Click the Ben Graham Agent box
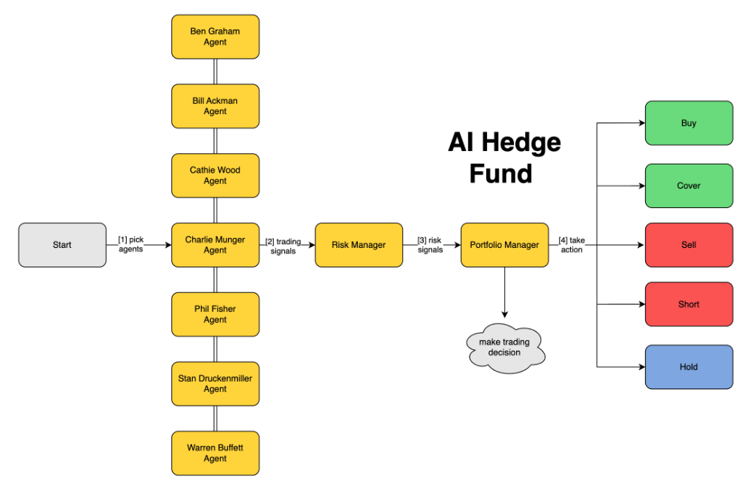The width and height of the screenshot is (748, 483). [x=215, y=37]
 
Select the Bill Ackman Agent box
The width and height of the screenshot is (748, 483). [x=215, y=106]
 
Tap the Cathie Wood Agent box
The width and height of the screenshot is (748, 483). [x=215, y=176]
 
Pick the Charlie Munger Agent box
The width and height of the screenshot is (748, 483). [x=215, y=245]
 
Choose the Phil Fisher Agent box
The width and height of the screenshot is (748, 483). [x=215, y=314]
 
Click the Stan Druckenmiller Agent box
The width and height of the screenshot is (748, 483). [x=215, y=384]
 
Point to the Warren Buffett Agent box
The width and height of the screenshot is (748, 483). [x=215, y=453]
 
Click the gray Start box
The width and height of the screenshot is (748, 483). [x=62, y=245]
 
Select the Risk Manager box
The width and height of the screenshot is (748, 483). [x=359, y=245]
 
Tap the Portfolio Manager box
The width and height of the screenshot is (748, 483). [x=504, y=245]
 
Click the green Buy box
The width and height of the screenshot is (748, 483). [x=689, y=123]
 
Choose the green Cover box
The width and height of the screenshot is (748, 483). [x=689, y=186]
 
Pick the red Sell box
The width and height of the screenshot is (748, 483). [x=689, y=245]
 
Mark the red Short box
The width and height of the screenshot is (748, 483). [x=689, y=304]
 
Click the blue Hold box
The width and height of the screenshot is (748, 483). [x=689, y=367]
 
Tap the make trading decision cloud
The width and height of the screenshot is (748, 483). [x=504, y=347]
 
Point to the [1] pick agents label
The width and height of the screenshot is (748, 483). [x=131, y=244]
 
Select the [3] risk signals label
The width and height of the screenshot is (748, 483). [x=430, y=245]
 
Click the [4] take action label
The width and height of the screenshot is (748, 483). [x=572, y=245]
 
